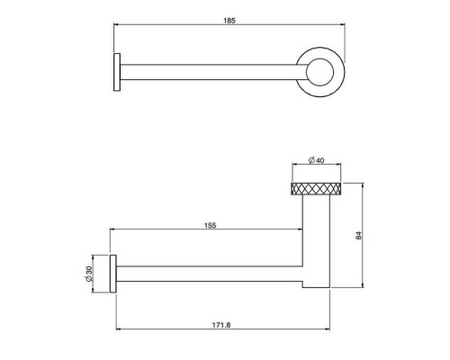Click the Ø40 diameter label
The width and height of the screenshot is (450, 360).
pyautogui.click(x=317, y=160)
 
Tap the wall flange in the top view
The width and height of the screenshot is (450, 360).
pyautogui.click(x=115, y=70)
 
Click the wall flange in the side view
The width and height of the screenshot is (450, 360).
pyautogui.click(x=114, y=273)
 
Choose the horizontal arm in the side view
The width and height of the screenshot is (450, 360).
pyautogui.click(x=207, y=273)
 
